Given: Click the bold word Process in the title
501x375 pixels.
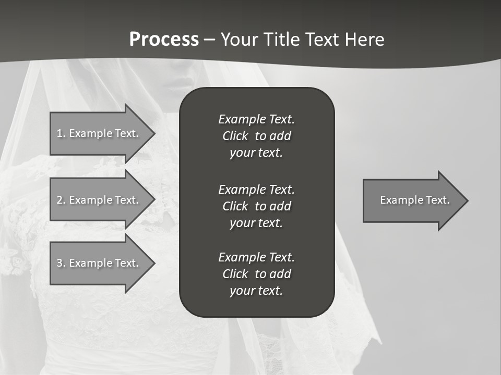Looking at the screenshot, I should point(164,40).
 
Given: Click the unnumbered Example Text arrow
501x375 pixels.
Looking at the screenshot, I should point(412,201).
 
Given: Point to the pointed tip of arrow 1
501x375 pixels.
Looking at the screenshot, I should point(154,133).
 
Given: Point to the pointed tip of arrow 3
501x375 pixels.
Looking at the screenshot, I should point(154,263).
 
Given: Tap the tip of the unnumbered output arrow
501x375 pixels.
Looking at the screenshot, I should point(468,201).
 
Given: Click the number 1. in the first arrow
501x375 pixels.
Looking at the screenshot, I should point(61,133).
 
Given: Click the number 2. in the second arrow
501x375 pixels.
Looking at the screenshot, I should point(61,200).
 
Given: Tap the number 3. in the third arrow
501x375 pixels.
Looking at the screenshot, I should point(61,263).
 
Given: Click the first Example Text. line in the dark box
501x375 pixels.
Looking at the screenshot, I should point(256,119).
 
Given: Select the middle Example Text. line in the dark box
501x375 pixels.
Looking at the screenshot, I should point(256,189).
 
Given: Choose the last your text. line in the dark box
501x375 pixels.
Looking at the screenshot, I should point(256,291).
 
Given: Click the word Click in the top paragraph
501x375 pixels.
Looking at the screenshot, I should point(235,136).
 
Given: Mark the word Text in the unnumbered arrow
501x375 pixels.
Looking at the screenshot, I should point(438,200).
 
